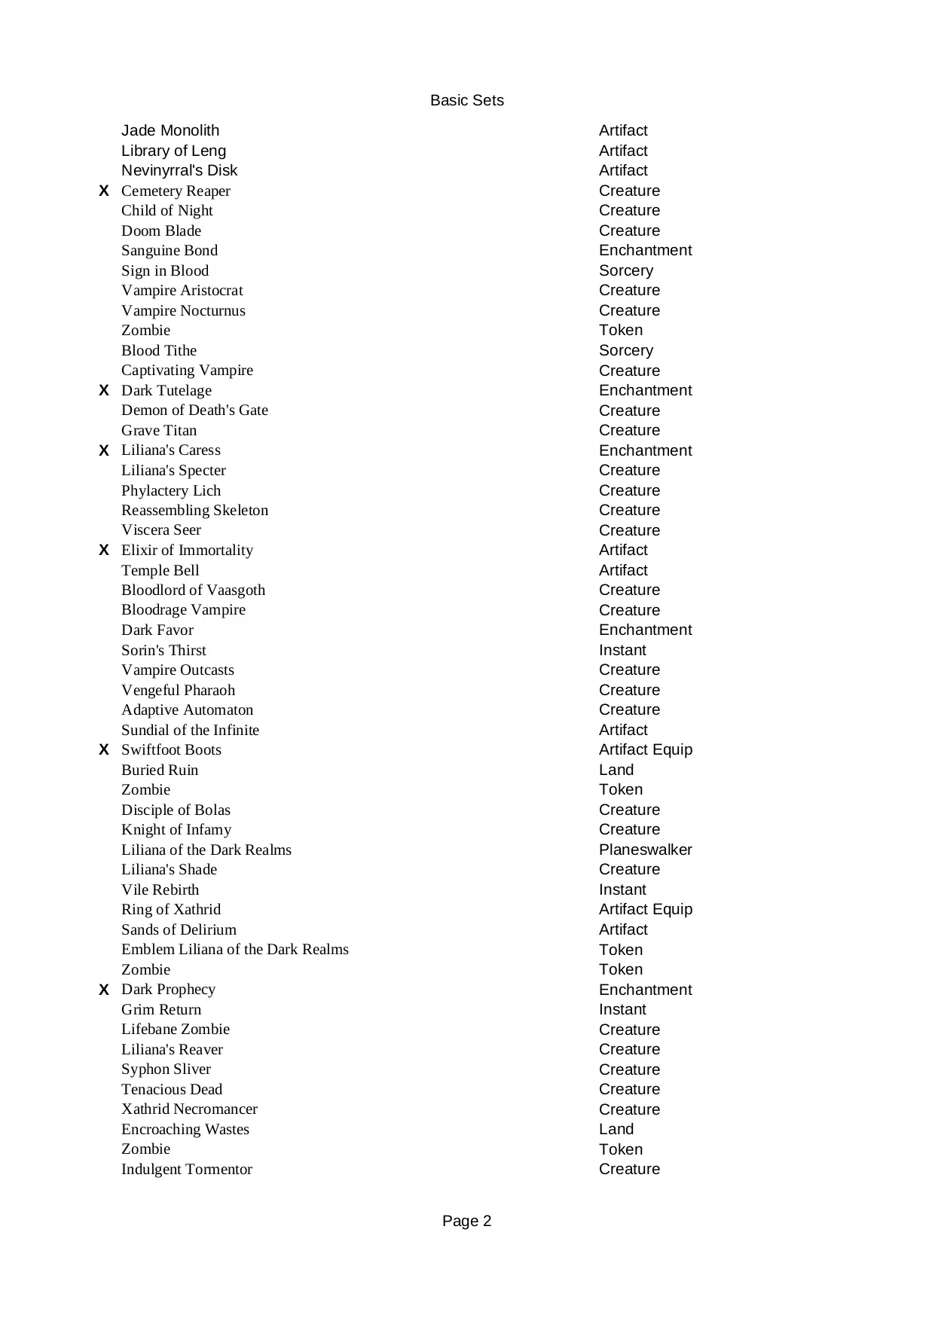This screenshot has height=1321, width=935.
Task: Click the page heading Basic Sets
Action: (466, 100)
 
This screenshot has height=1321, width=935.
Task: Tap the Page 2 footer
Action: (466, 1221)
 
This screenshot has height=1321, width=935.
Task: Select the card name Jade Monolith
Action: (170, 130)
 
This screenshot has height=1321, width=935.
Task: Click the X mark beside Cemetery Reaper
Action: (104, 191)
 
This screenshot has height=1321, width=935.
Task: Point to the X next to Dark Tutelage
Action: (104, 390)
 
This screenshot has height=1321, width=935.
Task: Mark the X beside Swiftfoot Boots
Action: (104, 749)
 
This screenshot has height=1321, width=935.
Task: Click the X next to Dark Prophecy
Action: (104, 990)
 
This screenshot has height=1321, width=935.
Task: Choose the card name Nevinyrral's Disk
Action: (179, 170)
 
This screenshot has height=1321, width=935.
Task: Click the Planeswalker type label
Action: (645, 850)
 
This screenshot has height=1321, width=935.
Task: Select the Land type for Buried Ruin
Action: (616, 770)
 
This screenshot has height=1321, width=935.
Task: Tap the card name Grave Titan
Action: (159, 430)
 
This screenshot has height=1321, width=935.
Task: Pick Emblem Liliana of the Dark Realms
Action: (234, 949)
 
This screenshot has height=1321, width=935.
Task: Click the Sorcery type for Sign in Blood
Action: (625, 270)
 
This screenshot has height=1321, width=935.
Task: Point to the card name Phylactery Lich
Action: (171, 490)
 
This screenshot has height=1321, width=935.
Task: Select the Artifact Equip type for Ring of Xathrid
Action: (645, 909)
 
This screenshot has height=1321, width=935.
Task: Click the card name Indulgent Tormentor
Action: (187, 1169)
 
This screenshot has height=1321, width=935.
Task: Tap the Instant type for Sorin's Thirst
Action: (622, 650)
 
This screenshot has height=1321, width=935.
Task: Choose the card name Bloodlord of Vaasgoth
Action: (193, 590)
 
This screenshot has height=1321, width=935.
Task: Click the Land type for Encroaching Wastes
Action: (616, 1129)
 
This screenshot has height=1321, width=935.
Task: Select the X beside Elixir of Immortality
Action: (104, 550)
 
